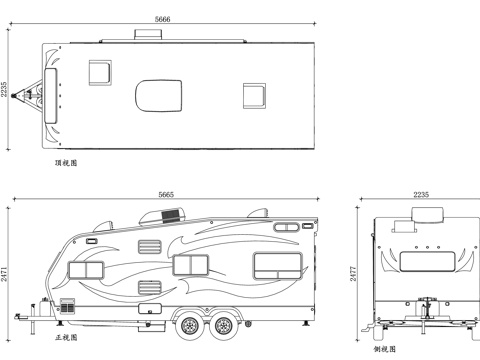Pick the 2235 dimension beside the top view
5,90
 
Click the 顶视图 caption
67,161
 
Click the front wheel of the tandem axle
189,322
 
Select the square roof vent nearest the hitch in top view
100,71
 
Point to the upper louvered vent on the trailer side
148,247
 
